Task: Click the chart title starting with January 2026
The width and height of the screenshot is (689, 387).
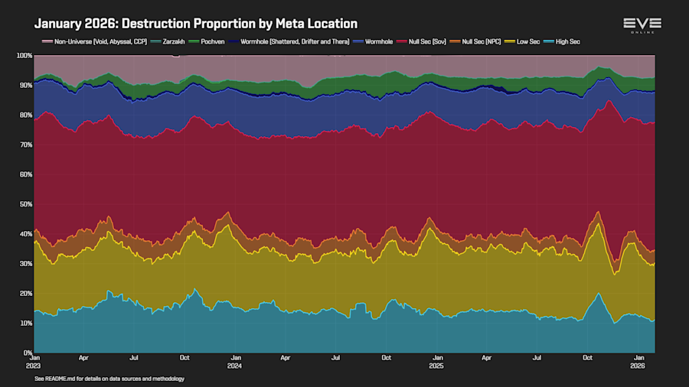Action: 195,24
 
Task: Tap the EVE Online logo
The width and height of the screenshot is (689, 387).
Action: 642,25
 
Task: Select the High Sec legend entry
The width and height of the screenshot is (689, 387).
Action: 563,41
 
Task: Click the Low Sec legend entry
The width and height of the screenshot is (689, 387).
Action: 525,41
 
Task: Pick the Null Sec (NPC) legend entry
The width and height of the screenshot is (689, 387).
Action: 480,41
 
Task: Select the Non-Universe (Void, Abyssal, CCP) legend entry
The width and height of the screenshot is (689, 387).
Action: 93,41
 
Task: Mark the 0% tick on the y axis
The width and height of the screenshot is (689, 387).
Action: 27,353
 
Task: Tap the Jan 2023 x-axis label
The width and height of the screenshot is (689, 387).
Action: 34,361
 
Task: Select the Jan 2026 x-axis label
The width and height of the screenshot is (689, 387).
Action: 638,361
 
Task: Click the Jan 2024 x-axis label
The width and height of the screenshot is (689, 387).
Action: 236,361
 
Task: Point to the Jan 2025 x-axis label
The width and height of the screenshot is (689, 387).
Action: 437,361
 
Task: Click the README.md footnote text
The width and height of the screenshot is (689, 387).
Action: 109,379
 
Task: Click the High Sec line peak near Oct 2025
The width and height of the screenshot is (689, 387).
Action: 599,294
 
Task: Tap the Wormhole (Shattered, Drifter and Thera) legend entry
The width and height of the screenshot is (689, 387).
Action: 295,41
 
